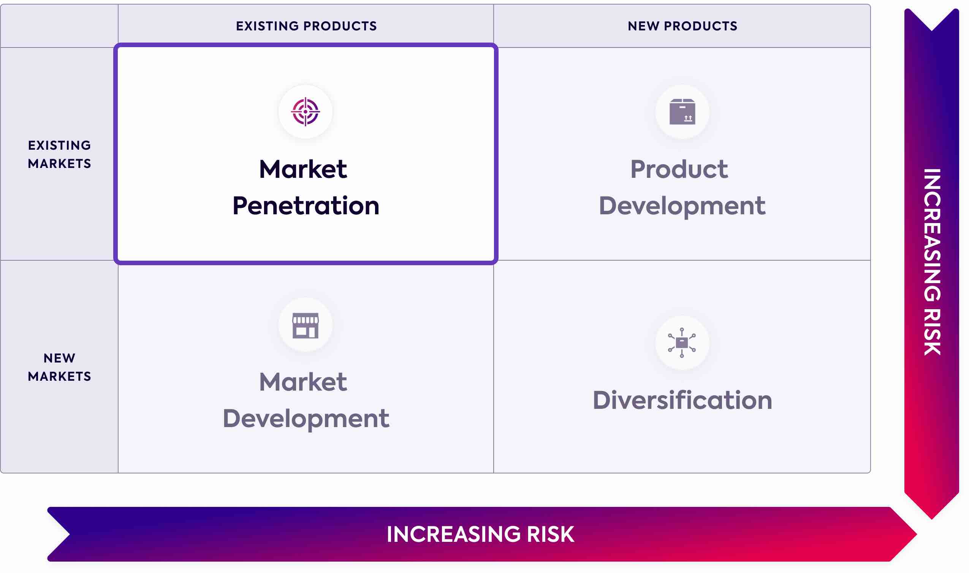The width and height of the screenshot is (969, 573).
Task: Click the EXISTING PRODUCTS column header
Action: click(x=306, y=26)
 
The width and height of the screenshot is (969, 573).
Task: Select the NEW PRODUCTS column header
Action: click(x=682, y=26)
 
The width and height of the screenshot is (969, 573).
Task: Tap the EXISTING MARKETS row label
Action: click(x=59, y=154)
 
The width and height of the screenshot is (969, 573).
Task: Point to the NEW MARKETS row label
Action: click(x=59, y=367)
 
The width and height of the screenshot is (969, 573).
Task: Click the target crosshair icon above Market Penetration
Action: click(x=306, y=112)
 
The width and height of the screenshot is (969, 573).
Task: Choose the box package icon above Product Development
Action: click(x=682, y=112)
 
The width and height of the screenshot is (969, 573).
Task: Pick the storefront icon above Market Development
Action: click(x=306, y=325)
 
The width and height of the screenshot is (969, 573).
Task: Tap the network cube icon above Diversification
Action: click(x=682, y=342)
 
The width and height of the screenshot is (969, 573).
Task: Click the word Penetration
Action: click(x=306, y=206)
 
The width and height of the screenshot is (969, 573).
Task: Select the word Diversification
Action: click(x=682, y=400)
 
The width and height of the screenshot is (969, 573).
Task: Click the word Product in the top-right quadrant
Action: click(x=679, y=169)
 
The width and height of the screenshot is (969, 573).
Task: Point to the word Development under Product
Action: click(x=682, y=206)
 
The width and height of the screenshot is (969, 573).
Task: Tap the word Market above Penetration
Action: click(x=303, y=169)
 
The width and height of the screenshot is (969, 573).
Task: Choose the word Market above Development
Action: click(x=303, y=382)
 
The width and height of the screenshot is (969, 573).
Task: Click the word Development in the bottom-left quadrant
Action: click(x=306, y=418)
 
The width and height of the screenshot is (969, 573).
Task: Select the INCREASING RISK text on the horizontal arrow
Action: click(x=480, y=534)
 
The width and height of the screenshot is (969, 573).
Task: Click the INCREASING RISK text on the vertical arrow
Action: click(x=932, y=262)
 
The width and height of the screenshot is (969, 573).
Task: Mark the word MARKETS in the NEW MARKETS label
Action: click(x=59, y=376)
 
